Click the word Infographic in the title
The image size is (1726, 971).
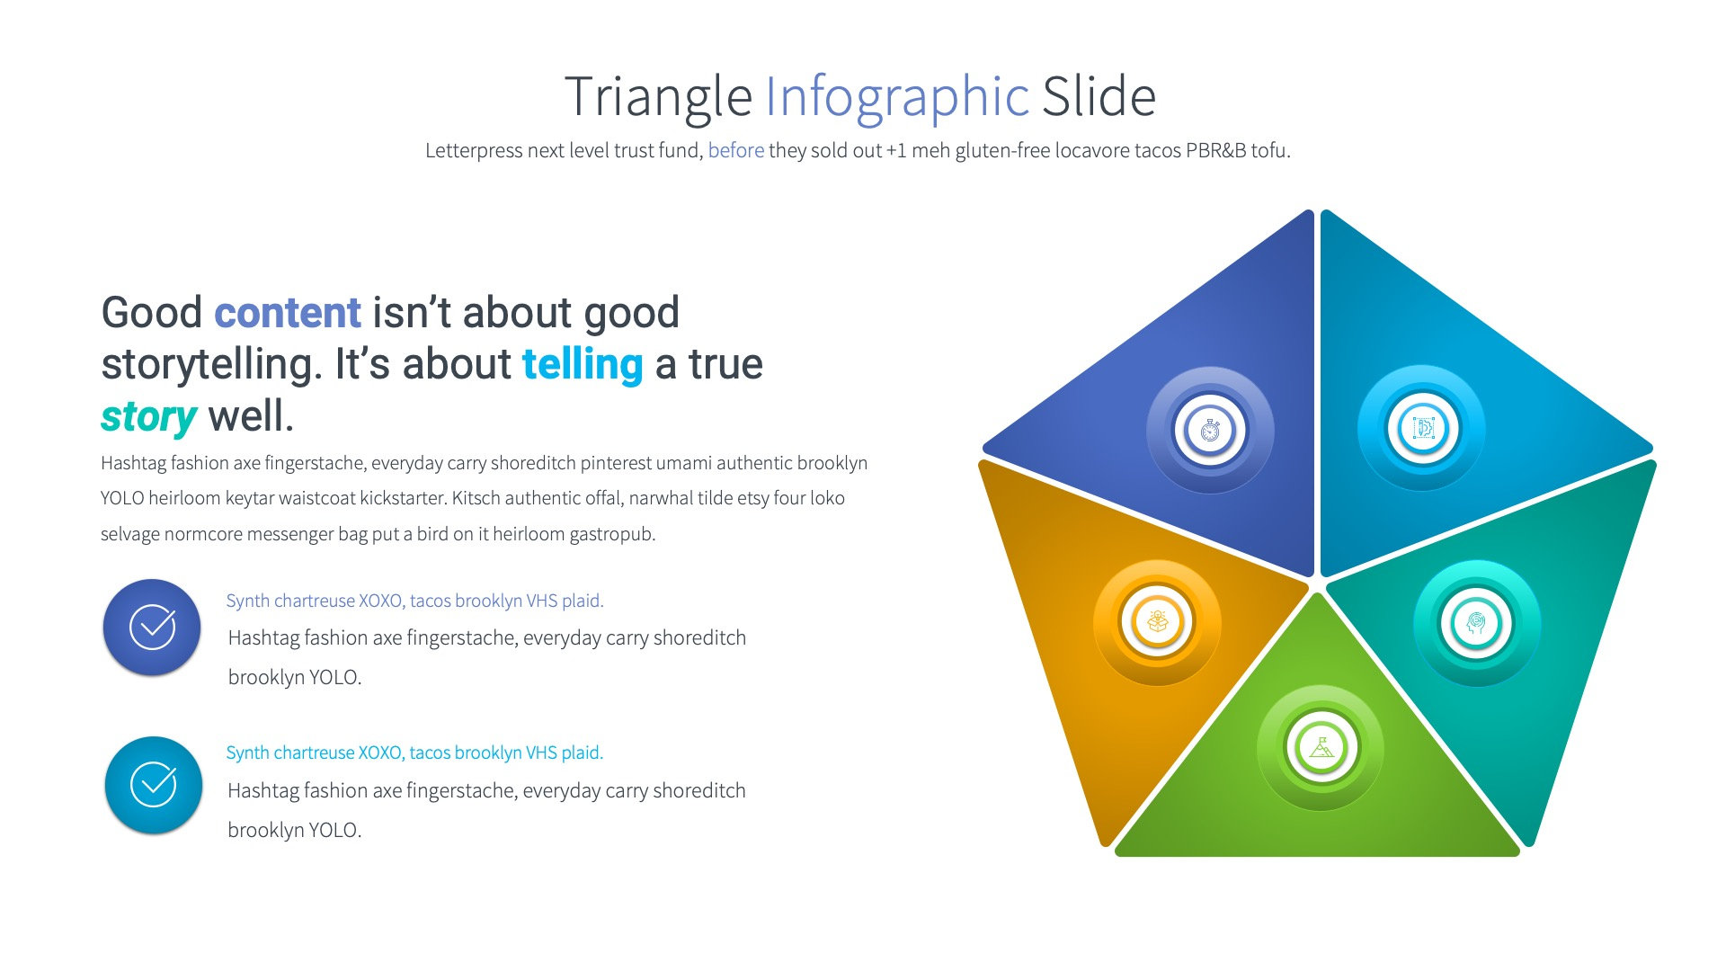896,97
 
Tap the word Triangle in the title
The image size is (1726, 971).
657,97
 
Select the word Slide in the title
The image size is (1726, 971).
1098,97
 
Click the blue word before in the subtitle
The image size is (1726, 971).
735,150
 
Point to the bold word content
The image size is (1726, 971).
288,313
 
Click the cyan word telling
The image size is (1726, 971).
583,364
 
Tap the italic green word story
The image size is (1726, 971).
148,416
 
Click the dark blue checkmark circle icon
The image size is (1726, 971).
152,627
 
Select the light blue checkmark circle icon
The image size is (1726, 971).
153,784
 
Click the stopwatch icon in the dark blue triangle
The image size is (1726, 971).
1210,430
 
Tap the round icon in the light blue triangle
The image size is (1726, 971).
1423,428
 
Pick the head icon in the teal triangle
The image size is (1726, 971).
1476,622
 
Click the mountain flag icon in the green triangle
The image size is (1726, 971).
1321,747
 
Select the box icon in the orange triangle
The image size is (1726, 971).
1157,621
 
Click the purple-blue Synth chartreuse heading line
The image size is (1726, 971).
414,601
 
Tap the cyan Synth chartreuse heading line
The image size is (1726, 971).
414,753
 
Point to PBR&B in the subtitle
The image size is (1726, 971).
1215,150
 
